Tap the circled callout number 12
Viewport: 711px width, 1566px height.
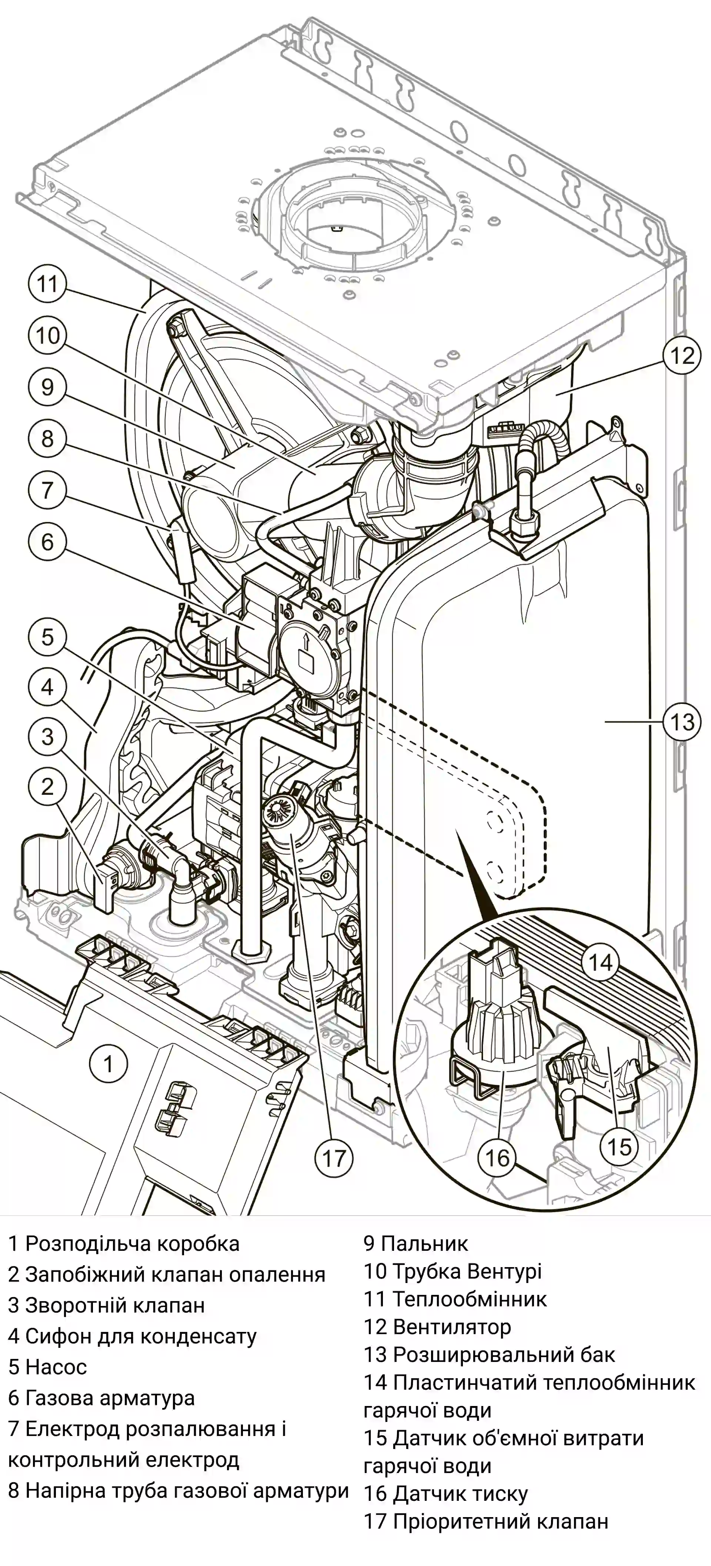(681, 355)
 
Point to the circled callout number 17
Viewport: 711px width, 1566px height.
(334, 1158)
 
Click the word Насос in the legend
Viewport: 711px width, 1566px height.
(56, 1367)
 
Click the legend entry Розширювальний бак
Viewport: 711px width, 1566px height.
(504, 1355)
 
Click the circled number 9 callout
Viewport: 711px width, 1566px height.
(47, 387)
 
